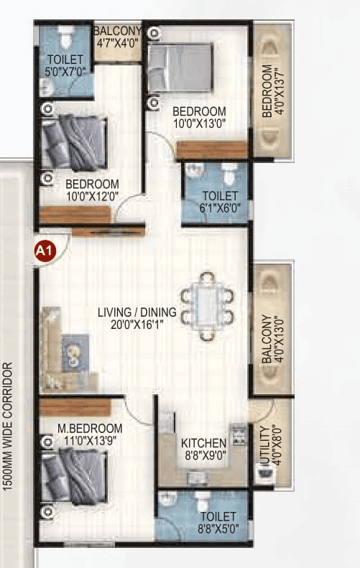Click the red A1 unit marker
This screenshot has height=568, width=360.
tap(45, 251)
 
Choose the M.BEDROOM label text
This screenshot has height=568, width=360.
tap(90, 429)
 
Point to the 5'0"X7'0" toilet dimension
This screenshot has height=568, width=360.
tap(66, 71)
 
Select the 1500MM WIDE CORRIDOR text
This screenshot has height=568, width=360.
tap(9, 427)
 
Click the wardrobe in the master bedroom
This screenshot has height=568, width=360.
tap(75, 408)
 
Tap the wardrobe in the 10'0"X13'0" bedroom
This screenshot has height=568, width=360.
tap(212, 150)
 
